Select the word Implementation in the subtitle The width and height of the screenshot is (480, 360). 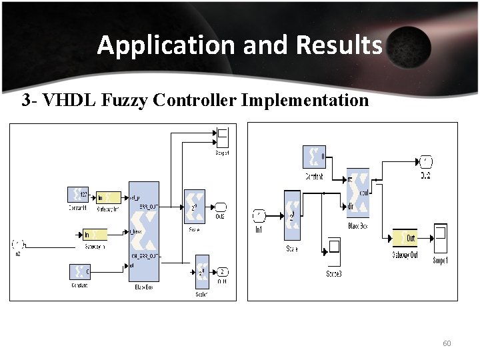[305, 101]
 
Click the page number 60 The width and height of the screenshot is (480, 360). [447, 343]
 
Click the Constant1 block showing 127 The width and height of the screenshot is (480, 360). [79, 195]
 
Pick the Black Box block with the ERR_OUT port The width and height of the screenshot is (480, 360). [144, 231]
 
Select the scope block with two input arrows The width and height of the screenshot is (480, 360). [222, 137]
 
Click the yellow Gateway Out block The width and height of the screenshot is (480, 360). [404, 238]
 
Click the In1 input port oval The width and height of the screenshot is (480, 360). [259, 215]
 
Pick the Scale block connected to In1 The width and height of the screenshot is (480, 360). [292, 215]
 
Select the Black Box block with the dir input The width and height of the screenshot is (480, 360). [358, 193]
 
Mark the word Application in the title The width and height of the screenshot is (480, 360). [167, 45]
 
